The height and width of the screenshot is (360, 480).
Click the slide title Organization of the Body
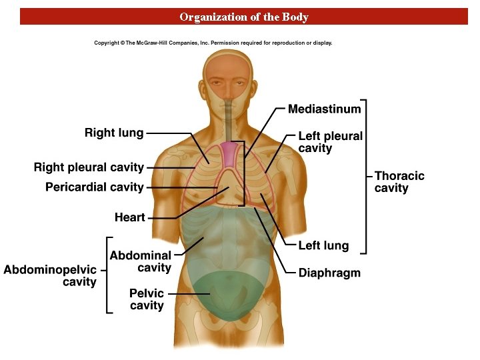[x=244, y=17]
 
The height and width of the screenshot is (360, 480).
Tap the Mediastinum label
[x=324, y=109]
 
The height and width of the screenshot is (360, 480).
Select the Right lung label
[x=114, y=133]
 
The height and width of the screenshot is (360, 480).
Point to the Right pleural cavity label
[x=89, y=167]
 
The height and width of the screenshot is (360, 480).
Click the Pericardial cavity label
[x=95, y=187]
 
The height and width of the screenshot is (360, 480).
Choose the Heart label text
[x=129, y=217]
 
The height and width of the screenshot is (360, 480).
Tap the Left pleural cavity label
[x=330, y=142]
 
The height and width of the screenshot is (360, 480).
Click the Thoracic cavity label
[x=399, y=182]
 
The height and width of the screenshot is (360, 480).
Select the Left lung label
[x=323, y=245]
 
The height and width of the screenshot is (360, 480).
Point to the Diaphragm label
[x=329, y=273]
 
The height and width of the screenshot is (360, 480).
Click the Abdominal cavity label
[x=141, y=261]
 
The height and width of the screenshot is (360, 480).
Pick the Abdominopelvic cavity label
[x=50, y=276]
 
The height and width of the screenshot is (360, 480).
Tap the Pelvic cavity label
[x=147, y=299]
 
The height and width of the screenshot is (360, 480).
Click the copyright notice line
[x=213, y=43]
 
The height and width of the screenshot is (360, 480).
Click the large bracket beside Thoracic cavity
[x=365, y=177]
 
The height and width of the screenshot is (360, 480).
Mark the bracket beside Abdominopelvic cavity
[x=109, y=275]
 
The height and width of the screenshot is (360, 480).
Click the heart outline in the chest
[x=231, y=187]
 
